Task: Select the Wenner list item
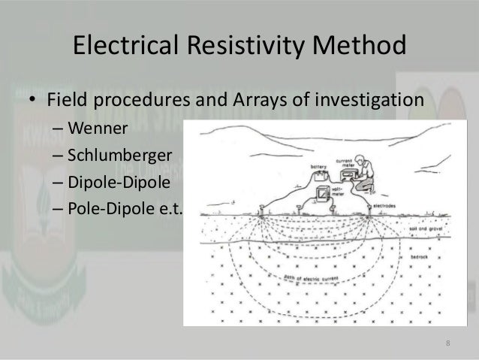pyautogui.click(x=97, y=129)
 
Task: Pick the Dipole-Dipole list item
pyautogui.click(x=116, y=181)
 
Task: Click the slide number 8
pyautogui.click(x=448, y=344)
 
